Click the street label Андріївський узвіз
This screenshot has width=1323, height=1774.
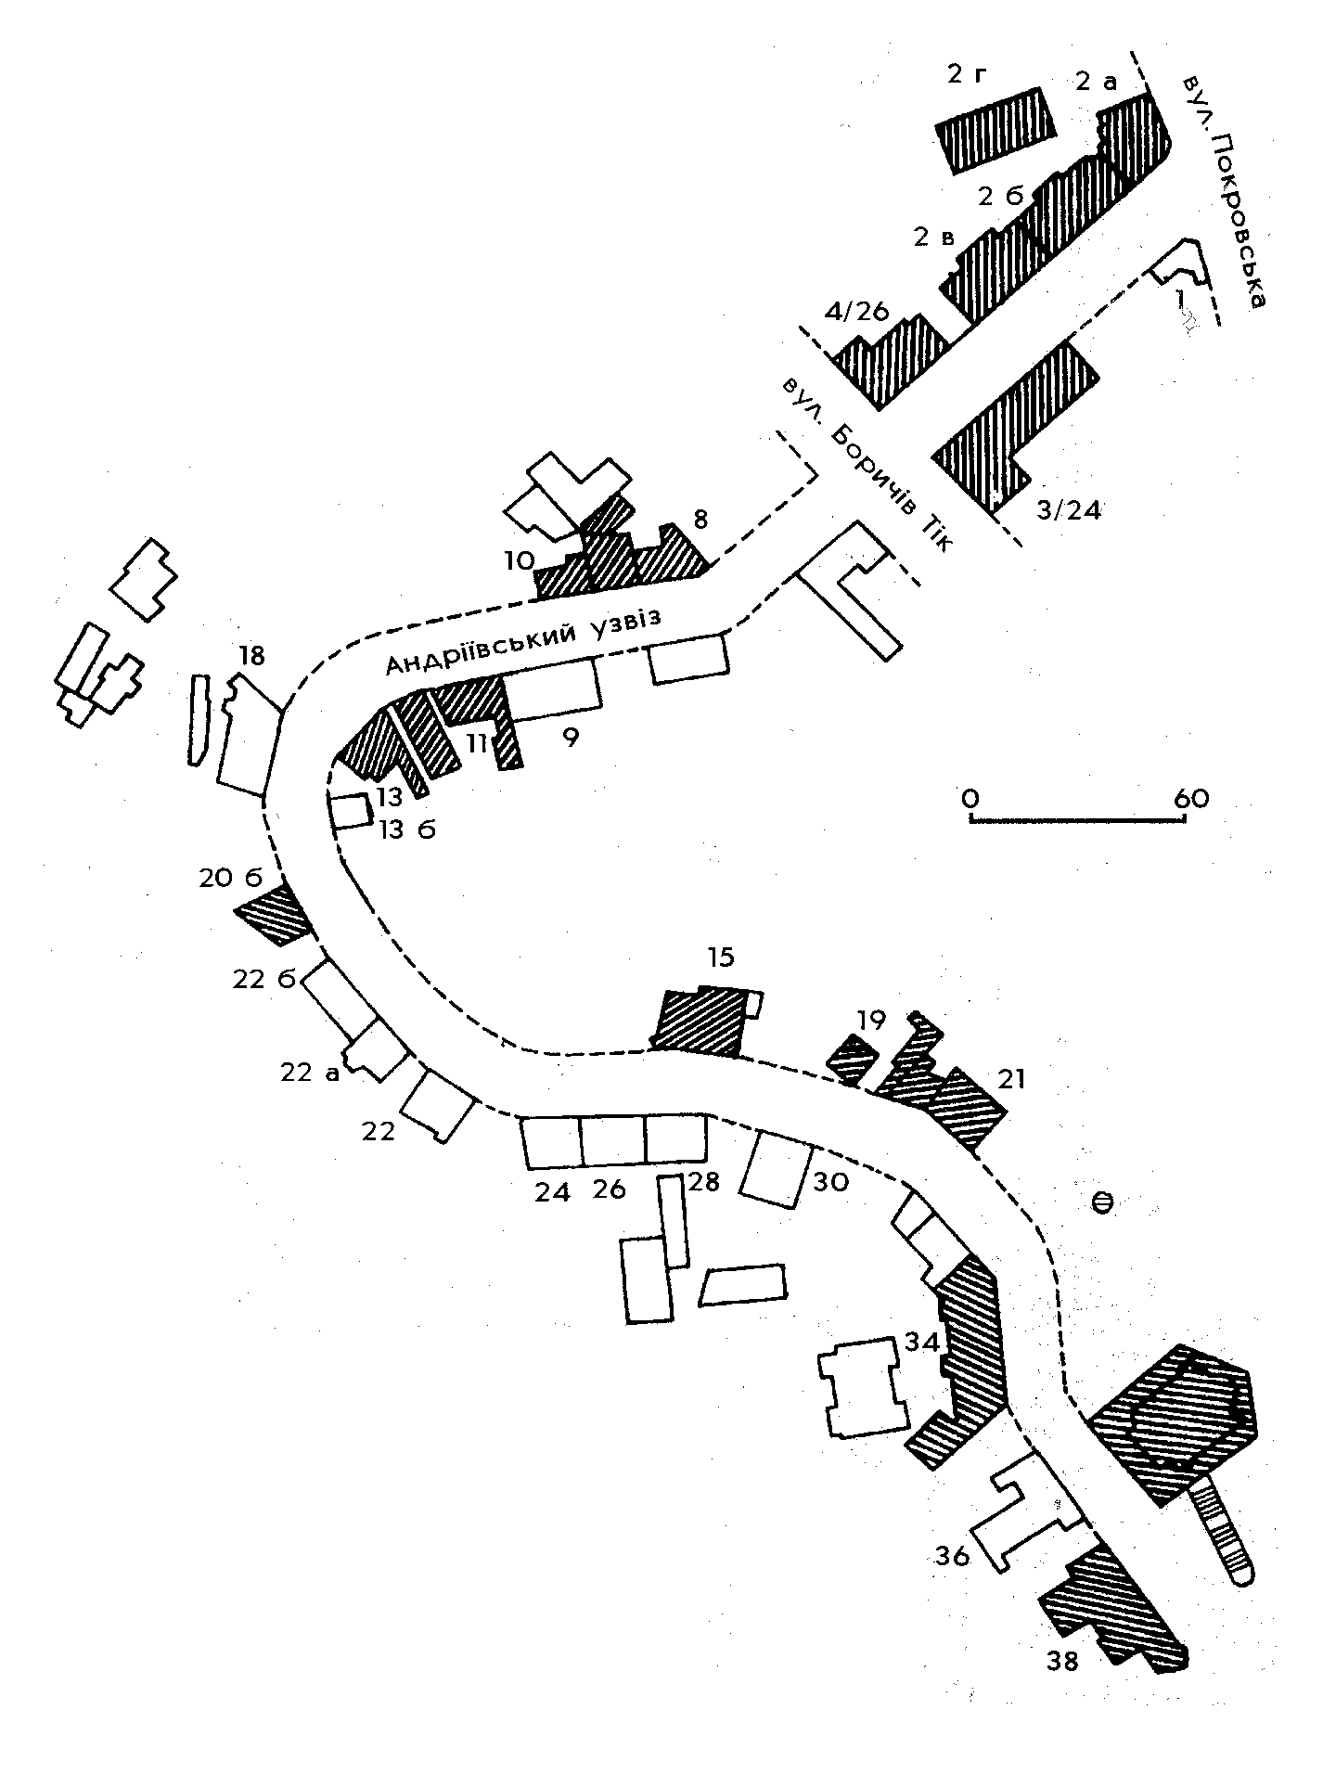[x=524, y=640]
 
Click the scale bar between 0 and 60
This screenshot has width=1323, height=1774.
[x=1077, y=820]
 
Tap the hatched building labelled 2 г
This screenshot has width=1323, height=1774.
[x=996, y=130]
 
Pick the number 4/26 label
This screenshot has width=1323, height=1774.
[x=857, y=312]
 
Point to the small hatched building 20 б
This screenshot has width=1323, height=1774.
[x=273, y=915]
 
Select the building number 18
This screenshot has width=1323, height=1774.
[x=251, y=656]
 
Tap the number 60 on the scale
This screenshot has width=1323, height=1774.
[x=1191, y=797]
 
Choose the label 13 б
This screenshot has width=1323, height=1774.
[x=406, y=829]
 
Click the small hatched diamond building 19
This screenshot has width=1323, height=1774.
[x=853, y=1059]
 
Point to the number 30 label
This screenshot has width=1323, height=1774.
[x=830, y=1182]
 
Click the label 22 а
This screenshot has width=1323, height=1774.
[x=308, y=1073]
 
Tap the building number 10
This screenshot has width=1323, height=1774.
[x=520, y=559]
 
